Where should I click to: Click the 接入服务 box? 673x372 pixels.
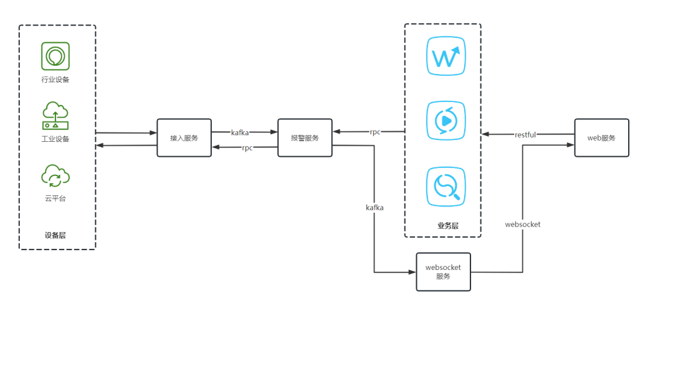pyautogui.click(x=184, y=137)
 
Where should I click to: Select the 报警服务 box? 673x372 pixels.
pyautogui.click(x=305, y=137)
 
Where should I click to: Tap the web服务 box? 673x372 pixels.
pyautogui.click(x=601, y=137)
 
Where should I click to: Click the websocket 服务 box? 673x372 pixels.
pyautogui.click(x=443, y=272)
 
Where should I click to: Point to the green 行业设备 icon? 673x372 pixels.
pyautogui.click(x=55, y=56)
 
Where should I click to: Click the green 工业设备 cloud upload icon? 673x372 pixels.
pyautogui.click(x=55, y=116)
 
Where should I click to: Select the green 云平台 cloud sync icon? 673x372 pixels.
pyautogui.click(x=55, y=175)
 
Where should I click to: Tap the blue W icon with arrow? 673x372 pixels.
pyautogui.click(x=446, y=57)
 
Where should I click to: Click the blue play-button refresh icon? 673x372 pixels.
pyautogui.click(x=446, y=121)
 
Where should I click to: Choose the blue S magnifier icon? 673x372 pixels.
pyautogui.click(x=446, y=187)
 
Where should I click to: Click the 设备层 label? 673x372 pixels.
pyautogui.click(x=55, y=235)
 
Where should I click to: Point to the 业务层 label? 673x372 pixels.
pyautogui.click(x=447, y=226)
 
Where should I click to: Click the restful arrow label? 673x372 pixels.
pyautogui.click(x=525, y=134)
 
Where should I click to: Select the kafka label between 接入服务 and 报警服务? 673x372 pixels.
pyautogui.click(x=240, y=133)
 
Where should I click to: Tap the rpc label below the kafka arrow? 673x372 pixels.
pyautogui.click(x=247, y=148)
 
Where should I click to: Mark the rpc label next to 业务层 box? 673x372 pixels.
pyautogui.click(x=375, y=132)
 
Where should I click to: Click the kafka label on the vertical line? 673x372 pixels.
pyautogui.click(x=375, y=207)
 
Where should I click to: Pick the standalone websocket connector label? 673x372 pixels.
pyautogui.click(x=523, y=224)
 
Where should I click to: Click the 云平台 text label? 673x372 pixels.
pyautogui.click(x=55, y=198)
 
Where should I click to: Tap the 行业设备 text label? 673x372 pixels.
pyautogui.click(x=55, y=80)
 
